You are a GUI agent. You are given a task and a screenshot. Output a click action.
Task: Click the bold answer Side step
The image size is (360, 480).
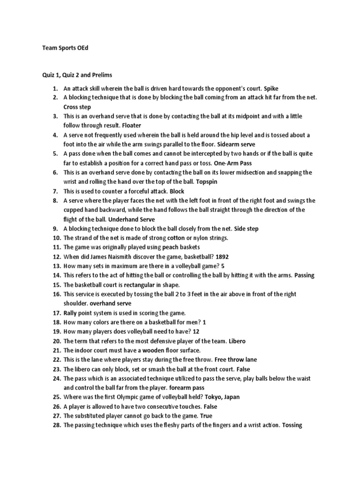point(243,229)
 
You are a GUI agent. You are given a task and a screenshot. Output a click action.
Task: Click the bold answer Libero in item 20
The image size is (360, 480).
point(237,341)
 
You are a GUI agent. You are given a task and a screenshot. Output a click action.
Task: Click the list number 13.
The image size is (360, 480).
point(57,266)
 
